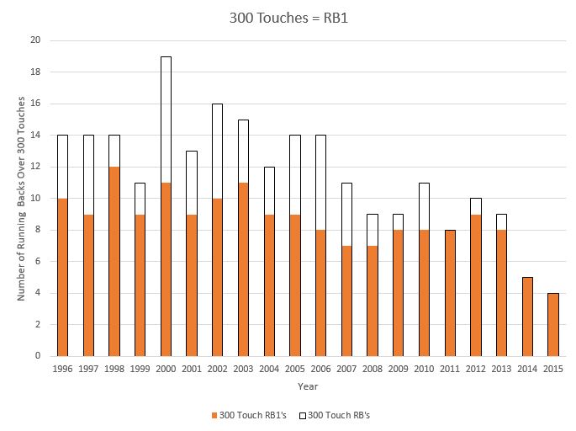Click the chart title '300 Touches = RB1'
[288, 17]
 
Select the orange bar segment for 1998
[114, 261]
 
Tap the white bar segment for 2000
[166, 120]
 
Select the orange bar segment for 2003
[242, 269]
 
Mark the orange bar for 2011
[448, 293]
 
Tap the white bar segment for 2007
[346, 215]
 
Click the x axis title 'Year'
[306, 386]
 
